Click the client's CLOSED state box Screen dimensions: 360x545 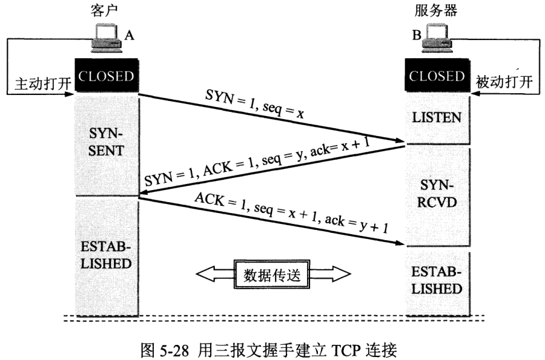[x=107, y=76]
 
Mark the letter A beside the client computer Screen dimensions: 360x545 [x=129, y=36]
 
